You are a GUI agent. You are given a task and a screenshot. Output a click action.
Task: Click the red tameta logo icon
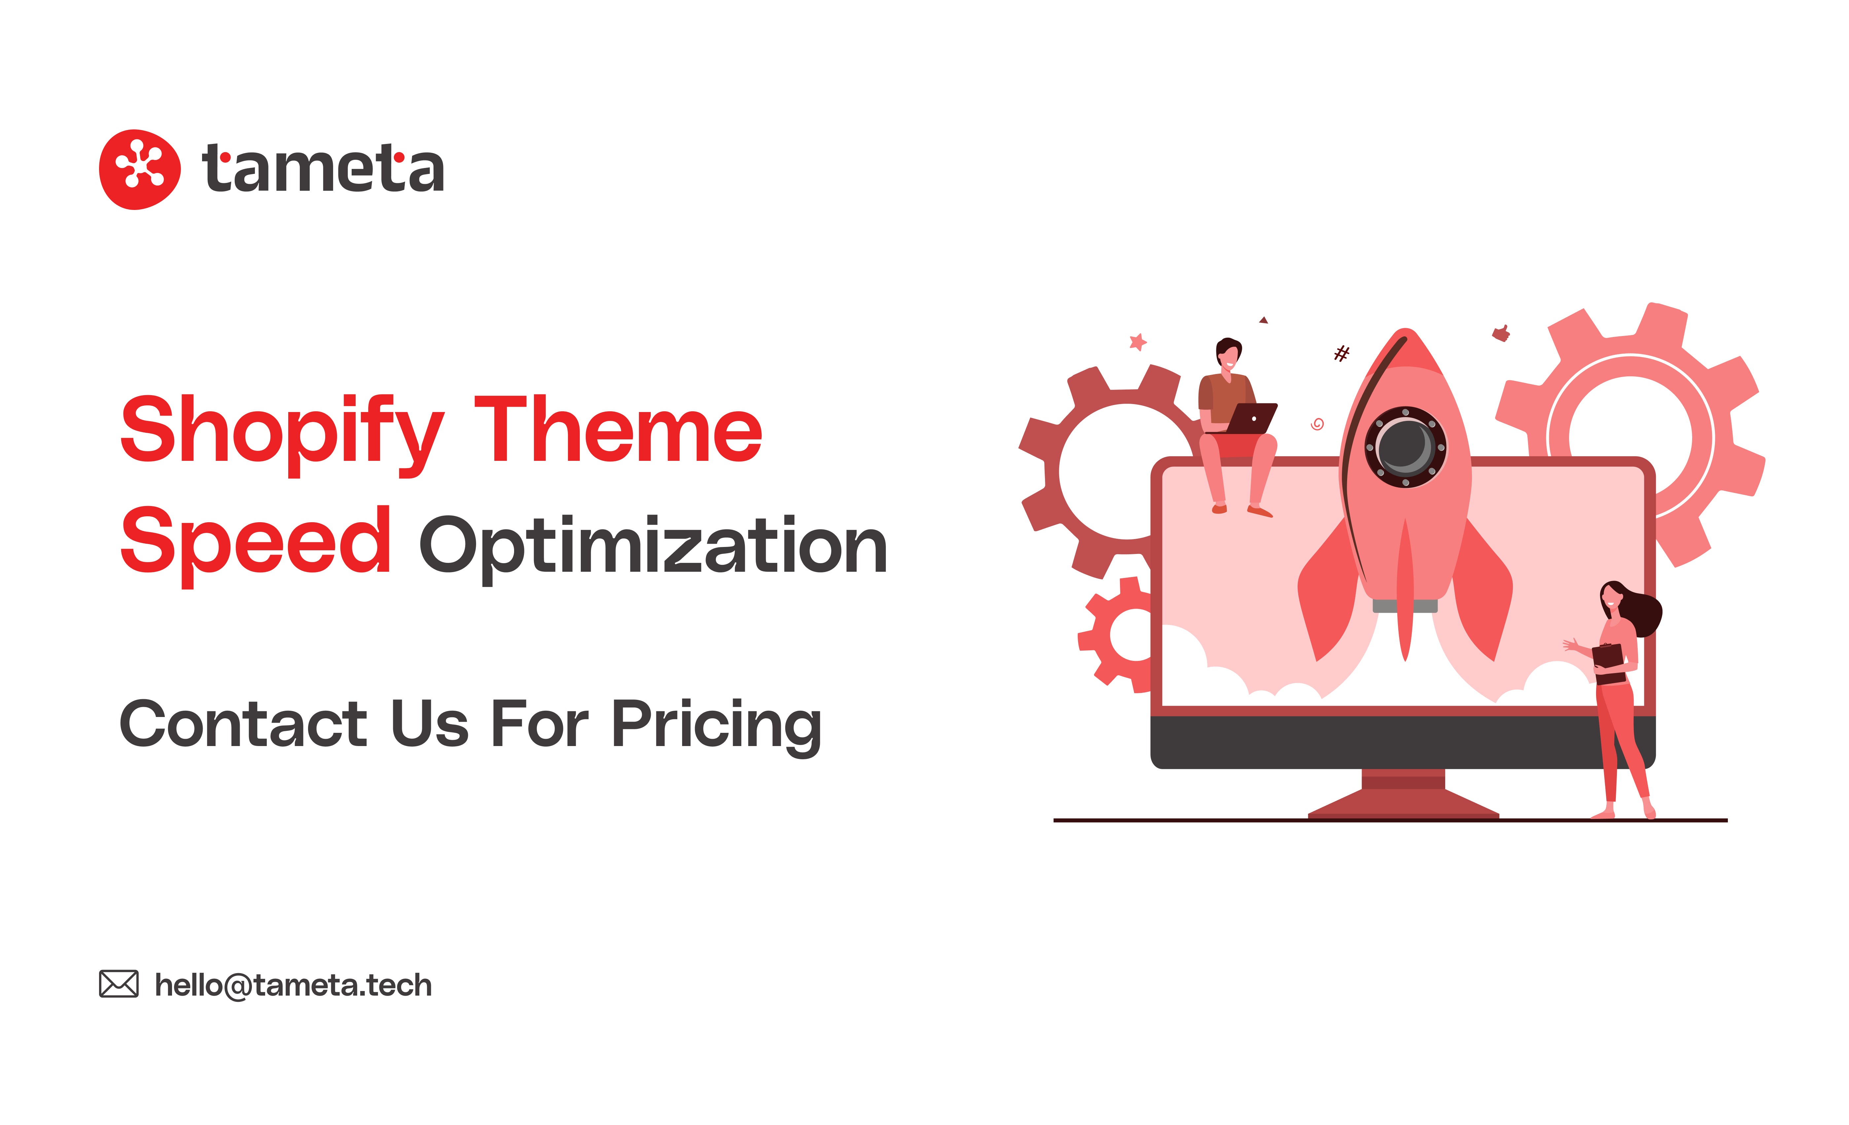tap(140, 169)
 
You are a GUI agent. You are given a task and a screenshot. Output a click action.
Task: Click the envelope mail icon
tap(119, 984)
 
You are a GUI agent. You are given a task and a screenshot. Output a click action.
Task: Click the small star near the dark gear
tap(1137, 342)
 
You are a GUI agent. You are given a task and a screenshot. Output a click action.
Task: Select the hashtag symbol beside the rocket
tap(1341, 353)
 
